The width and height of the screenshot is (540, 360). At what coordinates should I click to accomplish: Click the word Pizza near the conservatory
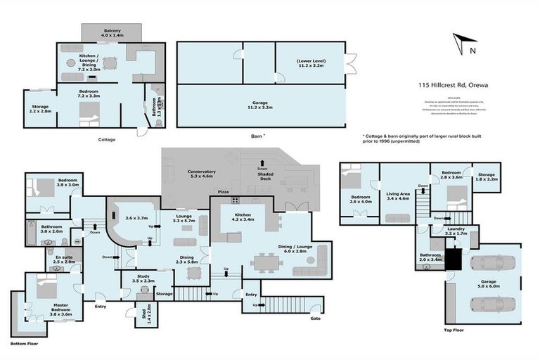click(x=223, y=191)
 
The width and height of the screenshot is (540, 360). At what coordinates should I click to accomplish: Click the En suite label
click(x=63, y=260)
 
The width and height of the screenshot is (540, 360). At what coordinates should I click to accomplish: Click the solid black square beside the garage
click(x=456, y=262)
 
